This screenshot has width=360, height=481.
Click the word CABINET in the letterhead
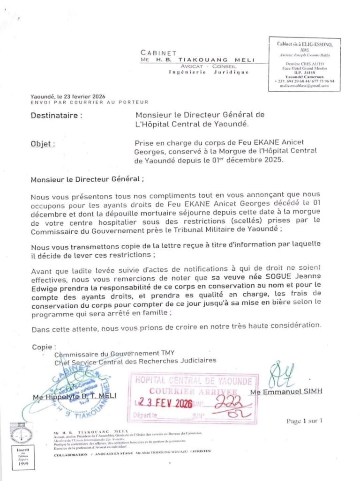(x=158, y=53)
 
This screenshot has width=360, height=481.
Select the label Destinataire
(x=57, y=115)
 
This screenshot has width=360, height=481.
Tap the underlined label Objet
(x=43, y=144)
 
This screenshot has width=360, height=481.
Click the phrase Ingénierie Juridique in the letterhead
(x=208, y=73)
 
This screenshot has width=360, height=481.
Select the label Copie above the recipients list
(x=44, y=347)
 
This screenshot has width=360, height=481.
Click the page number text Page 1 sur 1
(x=304, y=421)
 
